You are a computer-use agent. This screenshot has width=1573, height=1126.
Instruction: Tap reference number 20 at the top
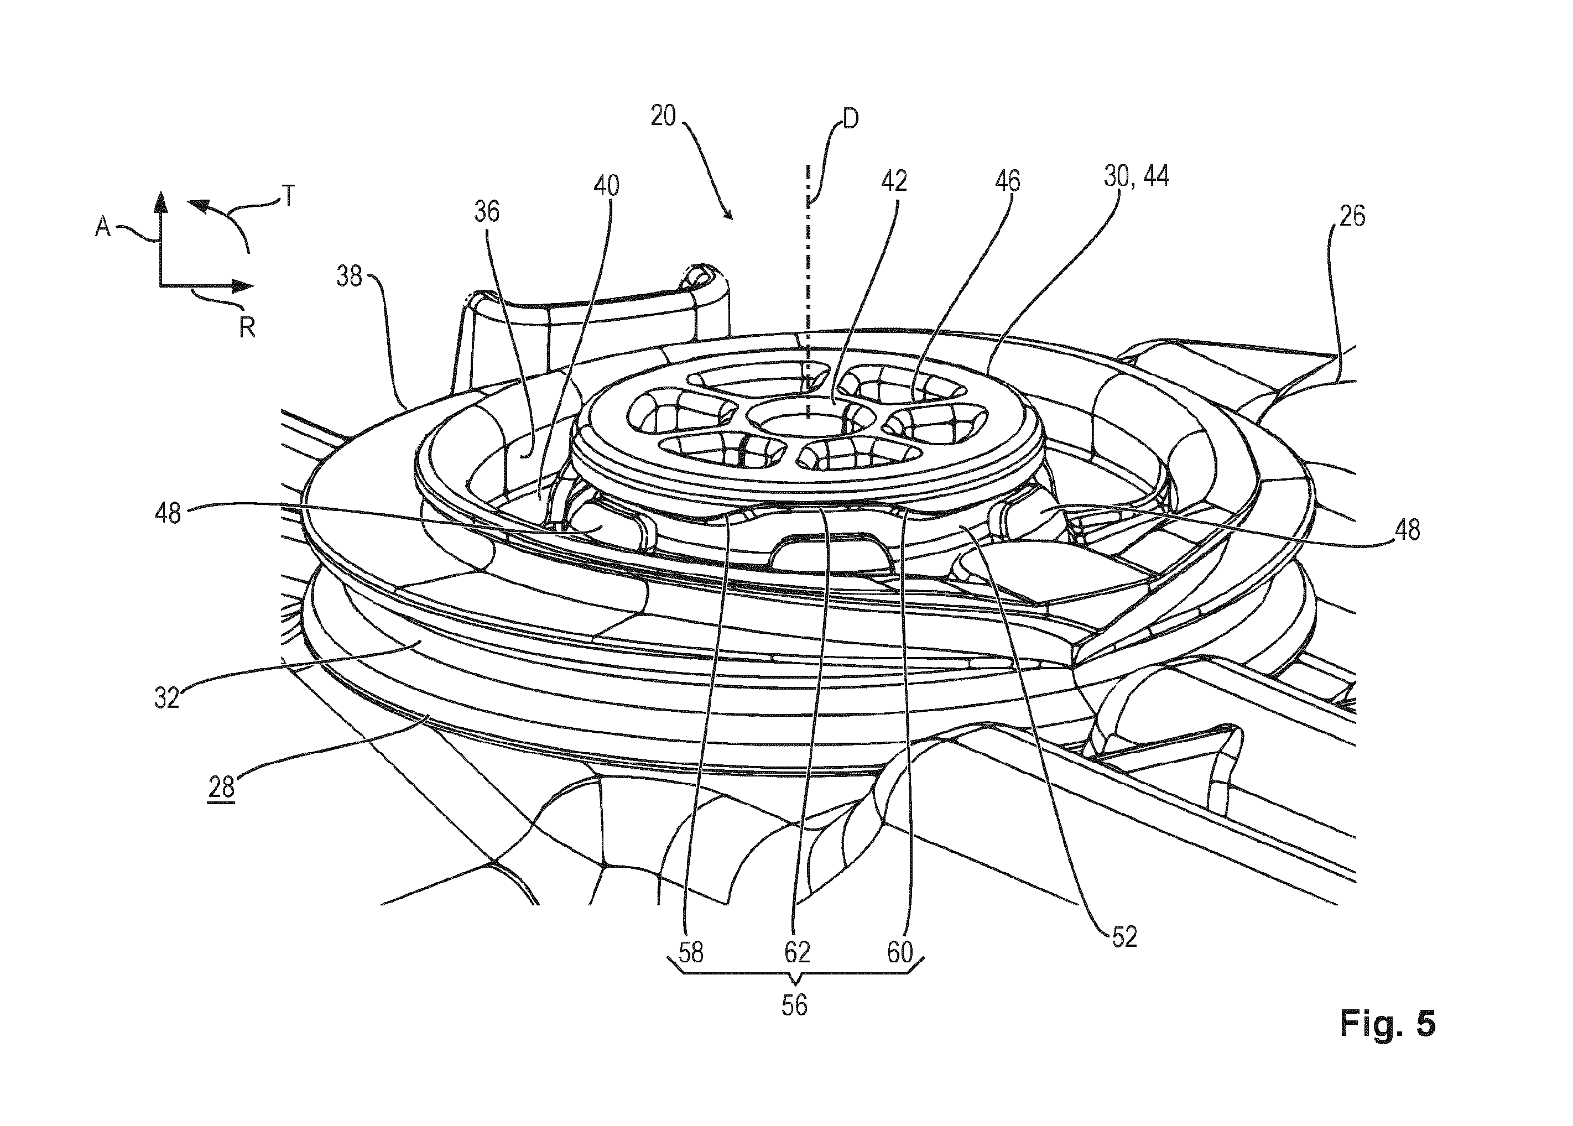663,116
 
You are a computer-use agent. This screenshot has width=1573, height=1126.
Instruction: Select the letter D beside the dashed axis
850,119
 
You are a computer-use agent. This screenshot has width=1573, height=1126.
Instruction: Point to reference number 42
894,181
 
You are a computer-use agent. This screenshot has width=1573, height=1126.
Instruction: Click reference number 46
1007,181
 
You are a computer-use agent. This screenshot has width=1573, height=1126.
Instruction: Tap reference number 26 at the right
1352,216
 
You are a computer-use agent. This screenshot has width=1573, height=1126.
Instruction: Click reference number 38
350,277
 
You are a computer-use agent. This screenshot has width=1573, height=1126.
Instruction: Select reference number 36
487,211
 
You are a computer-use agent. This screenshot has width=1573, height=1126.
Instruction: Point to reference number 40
607,186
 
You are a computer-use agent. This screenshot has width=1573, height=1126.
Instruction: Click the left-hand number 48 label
168,513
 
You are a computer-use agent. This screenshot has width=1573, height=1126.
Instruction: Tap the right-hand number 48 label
1407,530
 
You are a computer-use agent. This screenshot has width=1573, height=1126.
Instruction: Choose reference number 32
167,698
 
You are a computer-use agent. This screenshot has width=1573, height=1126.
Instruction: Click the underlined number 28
222,788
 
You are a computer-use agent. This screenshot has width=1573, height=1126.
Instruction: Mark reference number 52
1124,937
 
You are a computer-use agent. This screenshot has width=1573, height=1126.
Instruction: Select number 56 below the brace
794,1005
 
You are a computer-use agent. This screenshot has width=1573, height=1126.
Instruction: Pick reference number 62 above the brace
797,953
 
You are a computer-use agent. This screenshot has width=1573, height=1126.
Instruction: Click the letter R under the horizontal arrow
247,327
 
